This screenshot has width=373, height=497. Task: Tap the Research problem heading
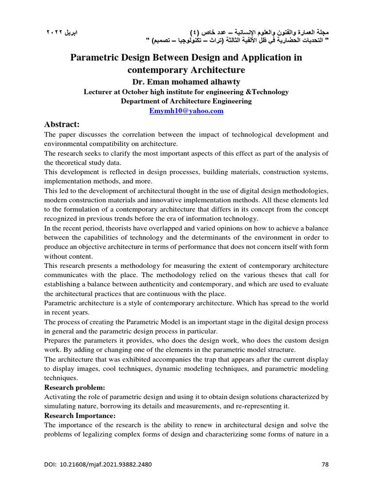click(x=74, y=387)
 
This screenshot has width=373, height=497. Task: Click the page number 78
click(x=325, y=464)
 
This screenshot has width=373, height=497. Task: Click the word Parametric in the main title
click(x=96, y=58)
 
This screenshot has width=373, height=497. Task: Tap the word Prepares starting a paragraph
click(x=58, y=341)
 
